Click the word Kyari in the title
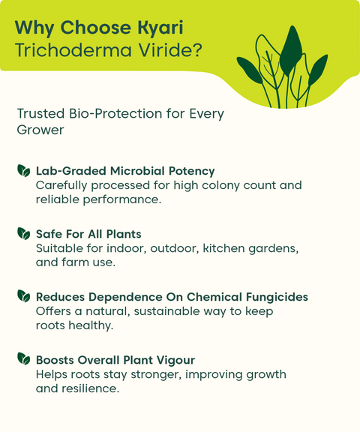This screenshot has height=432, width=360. coord(157,28)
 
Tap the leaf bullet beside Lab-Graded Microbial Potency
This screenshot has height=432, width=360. coord(24,171)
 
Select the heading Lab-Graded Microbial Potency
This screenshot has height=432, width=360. coord(125,171)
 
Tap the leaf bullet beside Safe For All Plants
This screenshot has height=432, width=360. coord(24,234)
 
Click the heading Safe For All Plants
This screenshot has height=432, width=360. coord(88,234)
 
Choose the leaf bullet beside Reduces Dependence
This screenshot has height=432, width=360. coord(24,297)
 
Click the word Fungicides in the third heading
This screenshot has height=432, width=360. coord(277,297)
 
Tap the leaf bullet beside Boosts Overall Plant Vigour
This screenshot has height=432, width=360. coord(24,360)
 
